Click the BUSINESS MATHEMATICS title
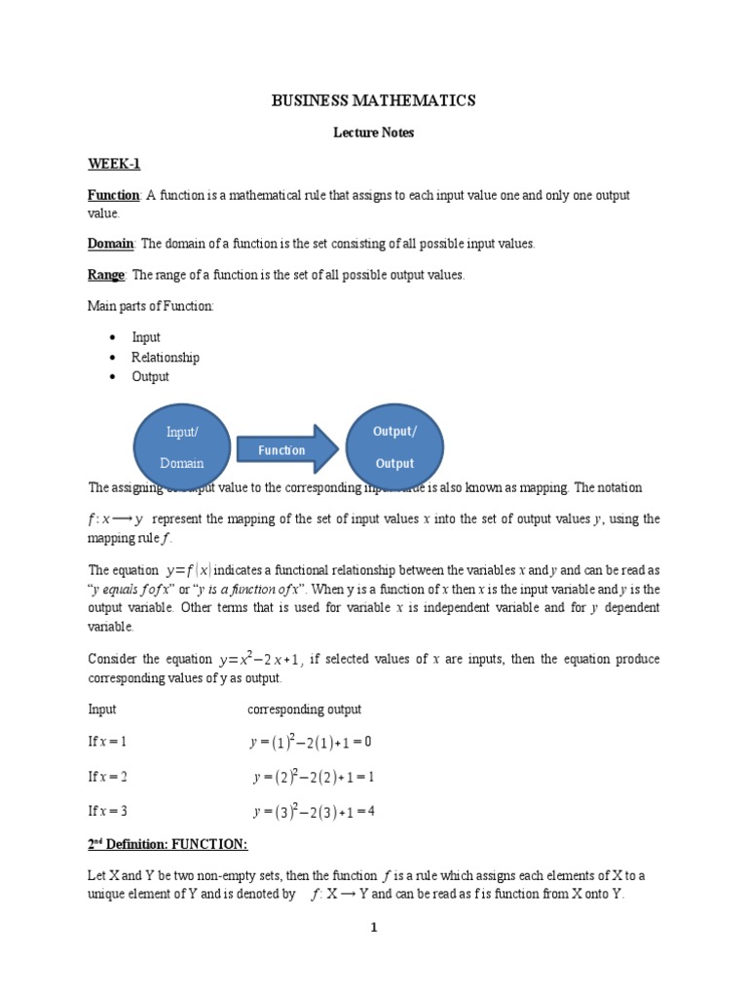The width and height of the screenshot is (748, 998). coord(373,100)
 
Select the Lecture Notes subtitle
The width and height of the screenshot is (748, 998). coord(374,133)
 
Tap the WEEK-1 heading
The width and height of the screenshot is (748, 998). coord(114,164)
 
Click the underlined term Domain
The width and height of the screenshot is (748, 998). coord(110,243)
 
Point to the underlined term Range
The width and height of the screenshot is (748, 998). coord(106,275)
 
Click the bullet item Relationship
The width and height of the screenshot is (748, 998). coord(166,357)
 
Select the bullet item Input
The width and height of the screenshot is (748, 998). coord(146,337)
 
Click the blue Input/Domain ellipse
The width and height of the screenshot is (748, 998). coord(182,447)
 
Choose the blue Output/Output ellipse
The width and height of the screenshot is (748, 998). coord(393,447)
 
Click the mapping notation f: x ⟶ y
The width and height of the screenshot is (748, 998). coord(116,519)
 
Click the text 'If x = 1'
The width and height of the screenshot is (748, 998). coord(108,742)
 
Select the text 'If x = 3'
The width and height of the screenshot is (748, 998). coord(108,811)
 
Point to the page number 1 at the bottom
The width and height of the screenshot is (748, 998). coord(373,928)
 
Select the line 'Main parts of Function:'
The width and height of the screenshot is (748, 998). coord(151,307)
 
